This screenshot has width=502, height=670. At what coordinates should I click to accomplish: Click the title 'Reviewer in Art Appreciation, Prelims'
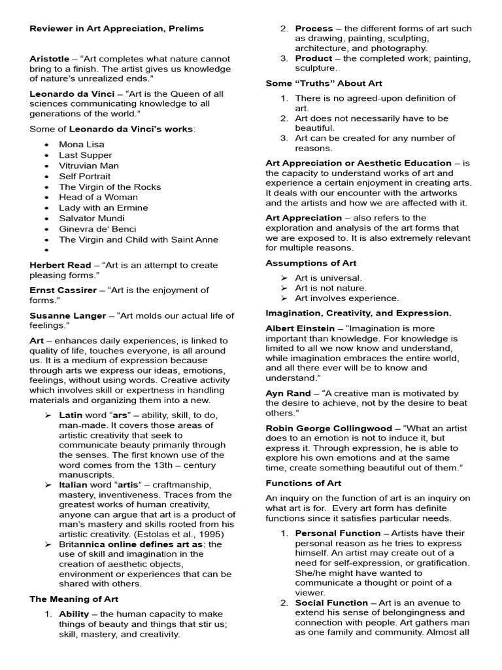pos(116,29)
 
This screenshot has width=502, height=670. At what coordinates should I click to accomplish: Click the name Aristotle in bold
pos(50,59)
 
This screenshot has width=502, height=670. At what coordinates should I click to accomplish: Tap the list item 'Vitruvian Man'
pos(89,166)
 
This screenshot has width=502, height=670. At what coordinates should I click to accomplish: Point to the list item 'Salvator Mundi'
pos(92,218)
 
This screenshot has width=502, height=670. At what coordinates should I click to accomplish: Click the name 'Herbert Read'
pos(59,265)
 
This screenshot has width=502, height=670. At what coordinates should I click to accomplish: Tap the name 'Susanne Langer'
pos(67,315)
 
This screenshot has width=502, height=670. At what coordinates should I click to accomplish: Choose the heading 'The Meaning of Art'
pos(74,599)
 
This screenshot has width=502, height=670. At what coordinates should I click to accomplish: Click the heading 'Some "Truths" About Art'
pos(324,84)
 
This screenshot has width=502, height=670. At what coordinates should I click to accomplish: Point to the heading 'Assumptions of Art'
pos(310,263)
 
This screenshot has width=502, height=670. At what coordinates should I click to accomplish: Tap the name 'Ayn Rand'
pos(288,393)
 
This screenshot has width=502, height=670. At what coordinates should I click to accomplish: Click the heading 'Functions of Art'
pos(303,483)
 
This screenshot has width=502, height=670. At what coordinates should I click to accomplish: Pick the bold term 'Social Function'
pos(331,603)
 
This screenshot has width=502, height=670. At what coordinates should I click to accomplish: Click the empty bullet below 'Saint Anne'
pos(48,250)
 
